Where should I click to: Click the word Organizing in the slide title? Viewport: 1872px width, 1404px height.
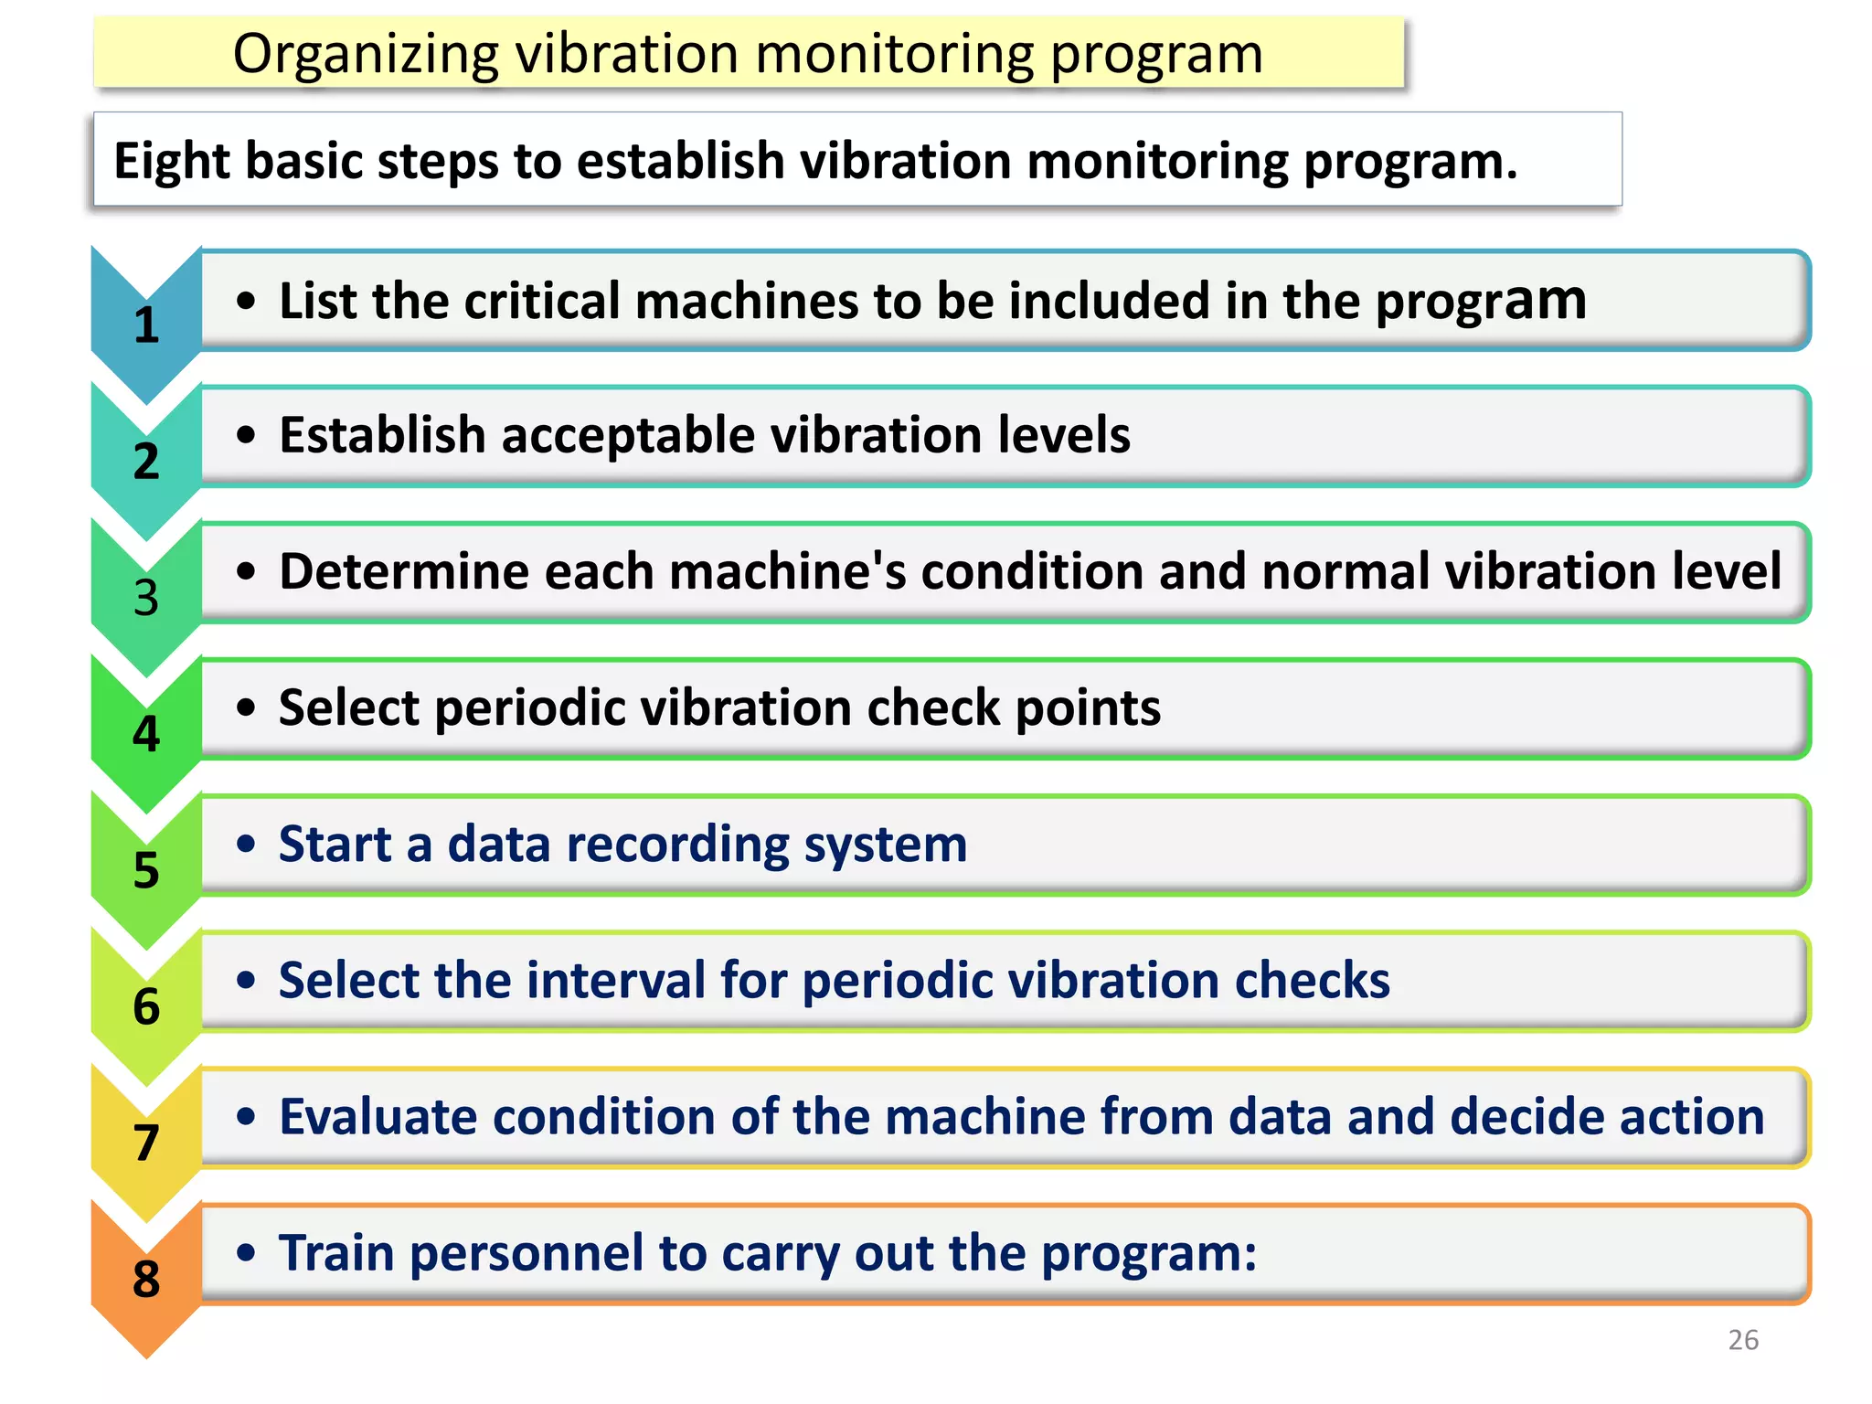(366, 55)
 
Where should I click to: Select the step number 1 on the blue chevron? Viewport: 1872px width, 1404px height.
(146, 325)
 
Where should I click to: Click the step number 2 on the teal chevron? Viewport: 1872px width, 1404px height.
(146, 462)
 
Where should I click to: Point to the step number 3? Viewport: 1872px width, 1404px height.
(146, 598)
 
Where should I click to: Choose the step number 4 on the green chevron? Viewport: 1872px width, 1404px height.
(146, 734)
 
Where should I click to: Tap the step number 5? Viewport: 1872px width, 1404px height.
(146, 870)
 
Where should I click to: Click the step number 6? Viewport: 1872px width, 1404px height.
(146, 1006)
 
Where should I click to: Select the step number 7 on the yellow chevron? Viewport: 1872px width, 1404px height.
(146, 1143)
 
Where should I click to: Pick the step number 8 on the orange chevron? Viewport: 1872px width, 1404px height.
(146, 1279)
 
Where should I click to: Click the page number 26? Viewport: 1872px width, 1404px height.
(1743, 1340)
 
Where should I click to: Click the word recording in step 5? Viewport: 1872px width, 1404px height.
(676, 845)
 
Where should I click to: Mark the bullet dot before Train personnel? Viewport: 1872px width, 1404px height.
(245, 1252)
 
